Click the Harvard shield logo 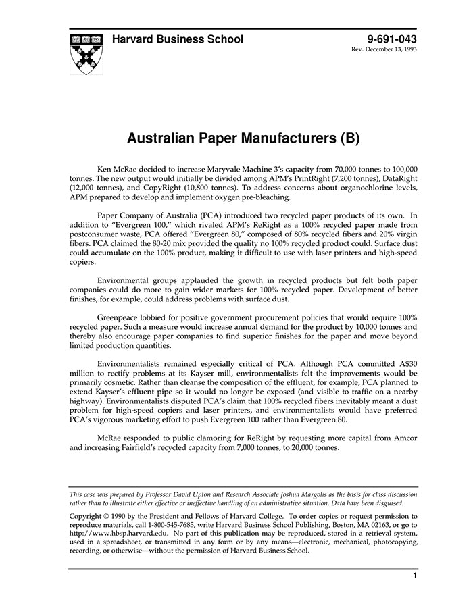coord(86,53)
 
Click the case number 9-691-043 coord(392,39)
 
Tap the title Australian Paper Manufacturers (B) coord(243,138)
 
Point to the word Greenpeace coord(121,316)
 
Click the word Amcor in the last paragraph coord(405,438)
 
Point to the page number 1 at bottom coord(414,576)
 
